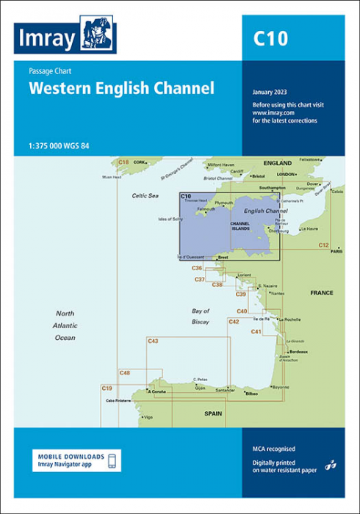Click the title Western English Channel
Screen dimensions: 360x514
121,90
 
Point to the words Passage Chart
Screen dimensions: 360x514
49,72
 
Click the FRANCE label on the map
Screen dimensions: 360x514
321,292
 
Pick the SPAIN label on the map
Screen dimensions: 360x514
213,414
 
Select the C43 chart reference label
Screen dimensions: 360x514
153,341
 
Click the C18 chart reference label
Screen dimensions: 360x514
123,162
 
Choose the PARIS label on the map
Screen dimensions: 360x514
336,252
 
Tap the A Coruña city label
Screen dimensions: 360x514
158,391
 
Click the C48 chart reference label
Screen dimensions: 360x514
125,373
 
